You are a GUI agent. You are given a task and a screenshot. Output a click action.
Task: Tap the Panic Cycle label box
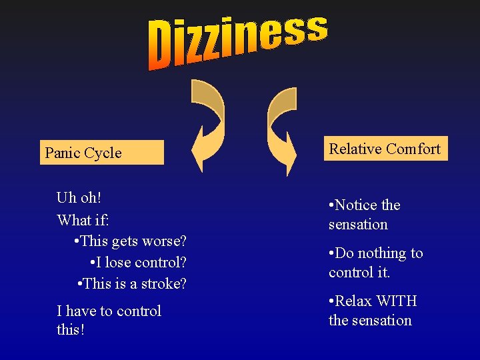point(102,153)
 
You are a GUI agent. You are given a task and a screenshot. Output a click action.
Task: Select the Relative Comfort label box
point(385,149)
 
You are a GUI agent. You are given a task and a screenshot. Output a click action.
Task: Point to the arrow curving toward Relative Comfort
point(281,127)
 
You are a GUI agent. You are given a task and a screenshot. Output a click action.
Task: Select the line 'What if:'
point(84,219)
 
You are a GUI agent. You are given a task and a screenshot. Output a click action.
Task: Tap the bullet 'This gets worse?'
point(131,240)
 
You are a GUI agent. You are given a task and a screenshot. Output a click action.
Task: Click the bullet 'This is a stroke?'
point(132,283)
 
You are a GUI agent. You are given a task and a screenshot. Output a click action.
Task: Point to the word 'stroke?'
point(163,283)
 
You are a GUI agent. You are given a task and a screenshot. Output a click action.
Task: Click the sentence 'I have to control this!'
point(109,320)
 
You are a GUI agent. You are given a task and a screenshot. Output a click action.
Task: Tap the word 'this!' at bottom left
point(71,329)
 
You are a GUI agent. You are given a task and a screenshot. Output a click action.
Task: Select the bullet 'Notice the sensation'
point(364,214)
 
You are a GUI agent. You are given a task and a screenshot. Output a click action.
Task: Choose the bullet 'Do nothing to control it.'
point(375,262)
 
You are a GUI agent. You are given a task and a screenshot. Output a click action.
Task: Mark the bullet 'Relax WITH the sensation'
point(372,311)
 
